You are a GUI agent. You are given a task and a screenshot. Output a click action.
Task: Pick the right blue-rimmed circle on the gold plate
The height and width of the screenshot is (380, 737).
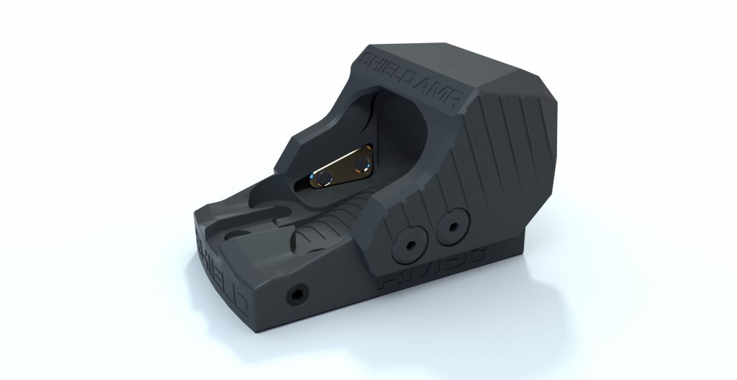click(x=361, y=162)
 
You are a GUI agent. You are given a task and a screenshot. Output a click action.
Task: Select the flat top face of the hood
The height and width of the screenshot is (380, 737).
click(x=461, y=65)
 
